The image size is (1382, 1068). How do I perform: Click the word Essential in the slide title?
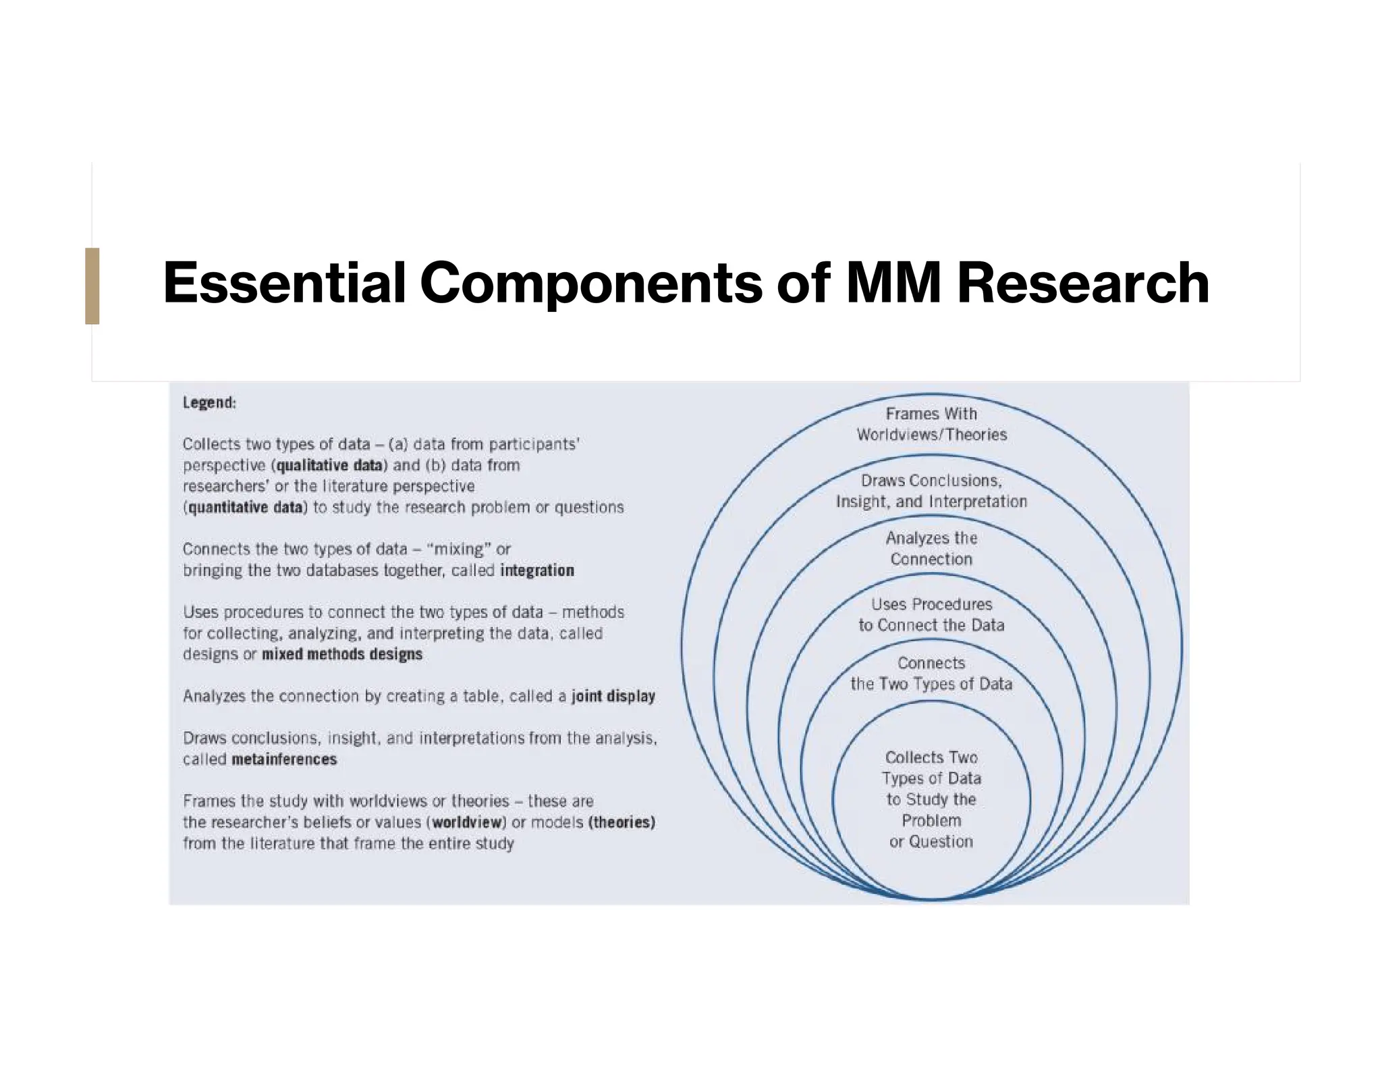pos(284,284)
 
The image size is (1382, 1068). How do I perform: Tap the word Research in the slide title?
pos(1082,284)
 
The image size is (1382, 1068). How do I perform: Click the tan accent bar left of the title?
pos(92,286)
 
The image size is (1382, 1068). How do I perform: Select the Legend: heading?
pos(209,403)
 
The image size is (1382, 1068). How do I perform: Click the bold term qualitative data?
pos(330,466)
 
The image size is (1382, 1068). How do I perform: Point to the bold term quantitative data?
pos(246,508)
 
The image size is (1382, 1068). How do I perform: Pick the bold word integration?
pos(537,570)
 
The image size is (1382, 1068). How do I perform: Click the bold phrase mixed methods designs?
pos(342,654)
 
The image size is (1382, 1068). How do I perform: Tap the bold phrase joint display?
pos(613,696)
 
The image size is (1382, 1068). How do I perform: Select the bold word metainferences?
pos(284,759)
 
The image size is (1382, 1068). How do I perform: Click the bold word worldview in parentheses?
pos(469,822)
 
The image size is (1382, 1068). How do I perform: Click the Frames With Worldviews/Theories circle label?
pos(931,424)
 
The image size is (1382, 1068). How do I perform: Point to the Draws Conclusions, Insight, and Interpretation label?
pos(931,491)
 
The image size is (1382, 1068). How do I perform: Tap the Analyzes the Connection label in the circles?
pos(931,548)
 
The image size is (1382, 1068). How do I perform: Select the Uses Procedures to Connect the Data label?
pos(931,614)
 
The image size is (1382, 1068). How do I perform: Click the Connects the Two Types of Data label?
pos(931,673)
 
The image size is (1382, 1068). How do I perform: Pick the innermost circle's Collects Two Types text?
pos(931,768)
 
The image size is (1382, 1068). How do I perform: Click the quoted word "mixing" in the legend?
pos(459,549)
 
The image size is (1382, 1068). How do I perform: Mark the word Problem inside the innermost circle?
pos(931,820)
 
